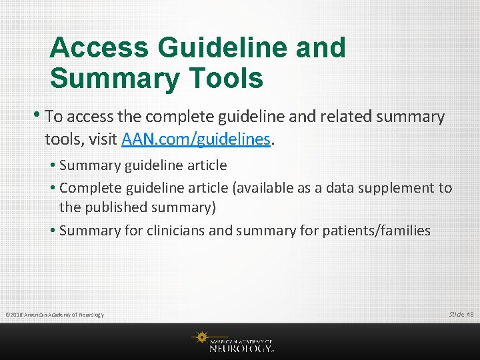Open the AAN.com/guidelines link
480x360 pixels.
[x=196, y=139]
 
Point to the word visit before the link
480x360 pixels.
[x=101, y=139]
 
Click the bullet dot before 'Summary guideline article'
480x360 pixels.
[x=53, y=165]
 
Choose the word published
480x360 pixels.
[x=116, y=207]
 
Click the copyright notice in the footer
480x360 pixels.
[x=54, y=314]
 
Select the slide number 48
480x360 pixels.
[x=470, y=313]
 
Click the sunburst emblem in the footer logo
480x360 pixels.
[x=199, y=338]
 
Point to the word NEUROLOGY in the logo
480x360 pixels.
[x=241, y=347]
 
